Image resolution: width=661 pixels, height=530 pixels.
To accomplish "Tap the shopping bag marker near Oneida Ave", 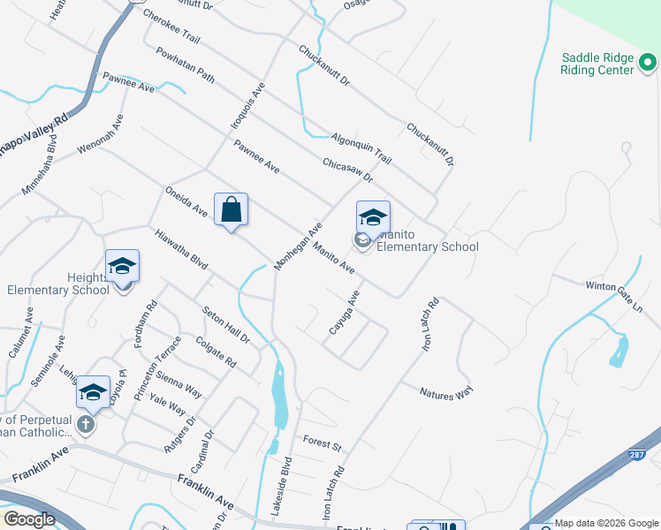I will [x=231, y=210].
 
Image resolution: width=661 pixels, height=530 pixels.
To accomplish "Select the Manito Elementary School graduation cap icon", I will [x=373, y=217].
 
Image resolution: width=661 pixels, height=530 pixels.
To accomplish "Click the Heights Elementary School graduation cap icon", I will [x=122, y=265].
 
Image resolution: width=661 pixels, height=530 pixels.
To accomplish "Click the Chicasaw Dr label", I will [x=348, y=172].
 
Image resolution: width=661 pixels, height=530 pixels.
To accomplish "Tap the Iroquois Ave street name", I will [x=248, y=107].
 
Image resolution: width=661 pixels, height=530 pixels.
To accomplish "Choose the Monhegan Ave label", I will [x=297, y=246].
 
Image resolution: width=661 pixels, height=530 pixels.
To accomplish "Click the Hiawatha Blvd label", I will [x=180, y=252].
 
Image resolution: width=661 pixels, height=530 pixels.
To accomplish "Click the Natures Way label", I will [x=446, y=394].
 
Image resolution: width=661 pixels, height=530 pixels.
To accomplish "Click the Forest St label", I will [x=322, y=444].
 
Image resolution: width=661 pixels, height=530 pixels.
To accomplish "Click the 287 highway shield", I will [x=636, y=455].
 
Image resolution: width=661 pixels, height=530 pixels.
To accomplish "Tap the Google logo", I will [x=30, y=519].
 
